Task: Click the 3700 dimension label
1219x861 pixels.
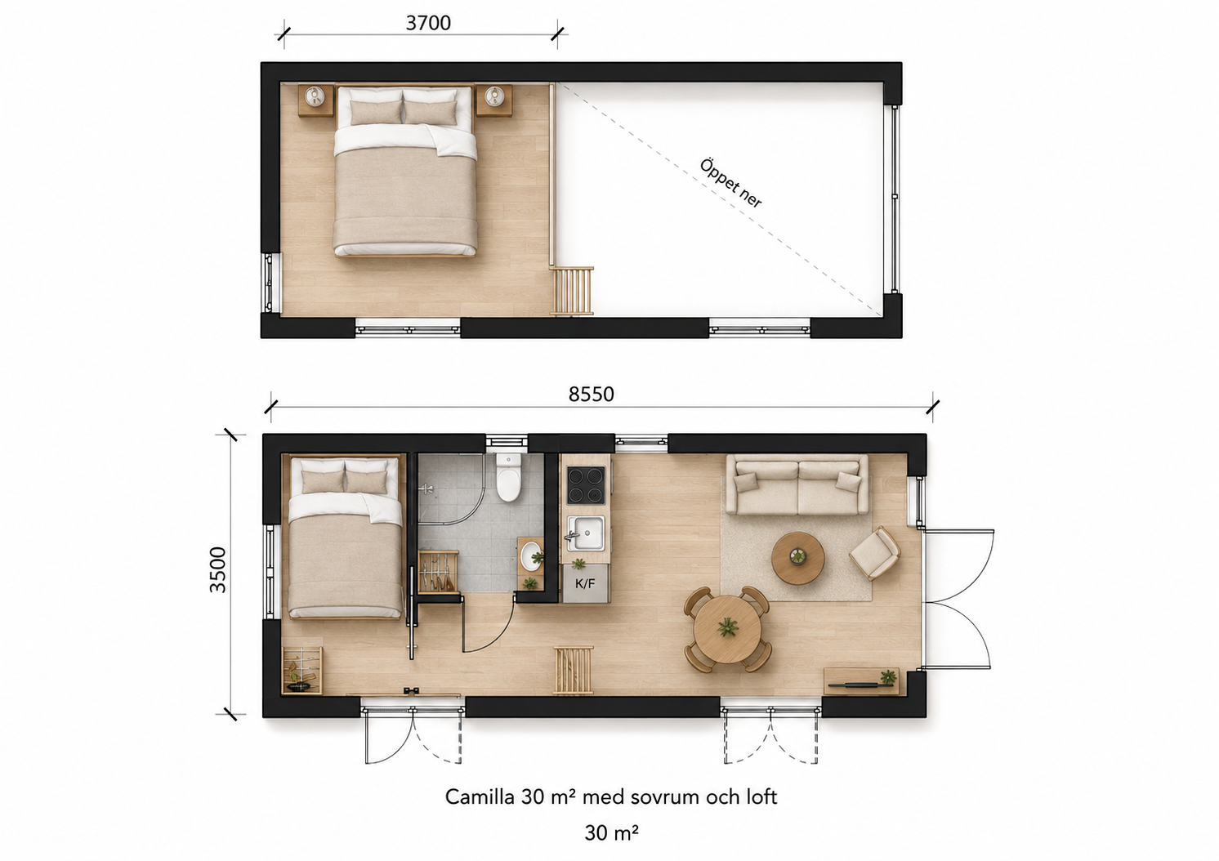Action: point(428,23)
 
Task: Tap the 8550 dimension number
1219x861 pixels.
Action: point(591,394)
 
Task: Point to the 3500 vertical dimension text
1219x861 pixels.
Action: point(217,569)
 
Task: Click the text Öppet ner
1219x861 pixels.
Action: point(730,184)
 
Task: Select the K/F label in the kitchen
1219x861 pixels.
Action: point(585,584)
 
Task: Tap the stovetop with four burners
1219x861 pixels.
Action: point(586,485)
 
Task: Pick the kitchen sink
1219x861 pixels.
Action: point(586,533)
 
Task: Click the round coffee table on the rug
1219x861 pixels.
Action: point(797,559)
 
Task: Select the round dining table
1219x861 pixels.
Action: point(727,629)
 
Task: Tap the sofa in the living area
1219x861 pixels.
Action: point(797,484)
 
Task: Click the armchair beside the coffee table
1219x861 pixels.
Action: point(874,552)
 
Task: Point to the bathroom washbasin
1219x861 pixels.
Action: point(531,555)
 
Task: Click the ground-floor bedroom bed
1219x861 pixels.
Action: point(346,537)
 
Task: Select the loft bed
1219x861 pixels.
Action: point(405,170)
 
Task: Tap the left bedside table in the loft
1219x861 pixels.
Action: point(315,100)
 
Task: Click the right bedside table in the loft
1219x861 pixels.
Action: point(494,100)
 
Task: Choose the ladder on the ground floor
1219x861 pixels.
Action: point(573,671)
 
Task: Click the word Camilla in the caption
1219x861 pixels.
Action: point(480,796)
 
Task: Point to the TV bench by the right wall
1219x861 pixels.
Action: point(861,680)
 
